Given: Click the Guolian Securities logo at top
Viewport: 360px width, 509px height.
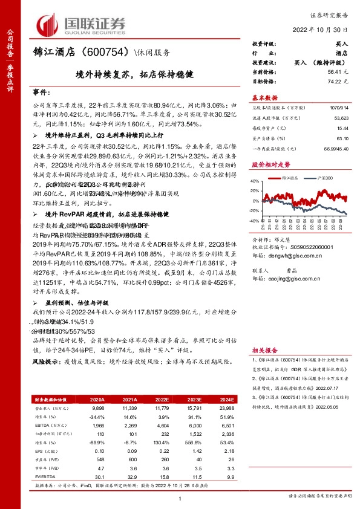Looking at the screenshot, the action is [82, 24].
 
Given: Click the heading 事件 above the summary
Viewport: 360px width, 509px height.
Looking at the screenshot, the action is [40, 92].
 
